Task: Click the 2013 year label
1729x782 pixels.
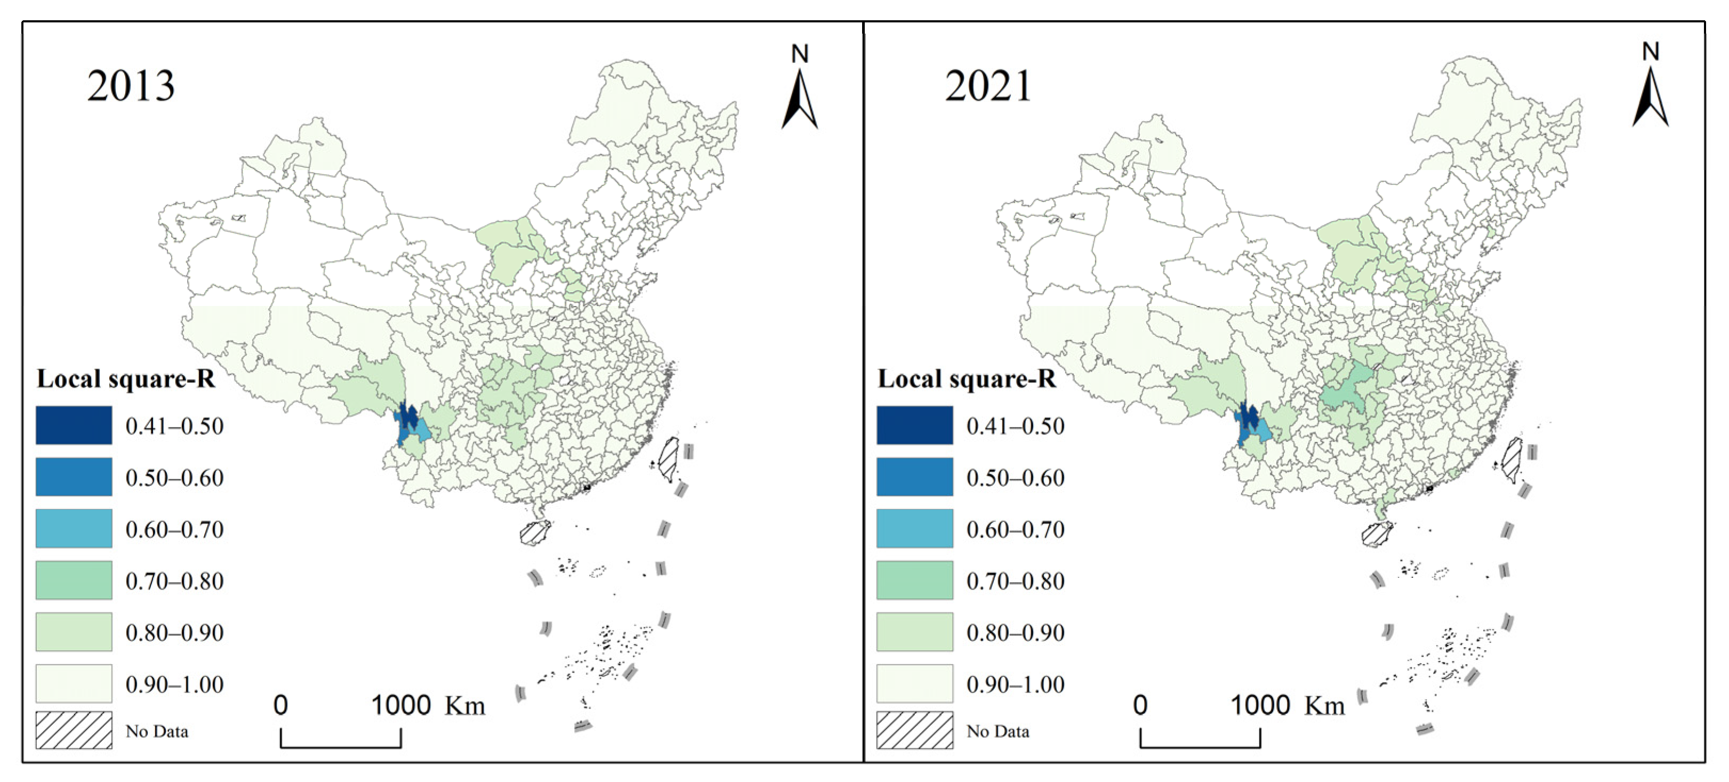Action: [x=131, y=86]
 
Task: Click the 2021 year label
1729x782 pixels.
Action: [x=987, y=86]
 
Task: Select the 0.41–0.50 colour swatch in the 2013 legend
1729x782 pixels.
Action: [x=74, y=425]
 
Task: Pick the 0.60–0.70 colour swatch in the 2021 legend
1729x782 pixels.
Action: [x=914, y=528]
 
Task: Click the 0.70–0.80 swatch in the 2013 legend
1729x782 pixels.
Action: [x=74, y=580]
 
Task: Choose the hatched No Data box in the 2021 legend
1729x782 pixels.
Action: [x=914, y=730]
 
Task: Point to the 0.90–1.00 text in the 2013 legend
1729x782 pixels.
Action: [x=174, y=684]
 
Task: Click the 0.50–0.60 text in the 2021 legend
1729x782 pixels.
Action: [x=1015, y=478]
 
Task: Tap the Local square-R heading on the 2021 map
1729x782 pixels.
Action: [x=967, y=379]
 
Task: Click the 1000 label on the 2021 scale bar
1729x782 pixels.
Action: [x=1260, y=705]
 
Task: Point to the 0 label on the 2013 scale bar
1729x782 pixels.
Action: [x=280, y=705]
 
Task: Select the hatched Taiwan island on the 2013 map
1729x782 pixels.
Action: [x=669, y=458]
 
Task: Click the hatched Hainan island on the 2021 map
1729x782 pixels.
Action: [x=1377, y=534]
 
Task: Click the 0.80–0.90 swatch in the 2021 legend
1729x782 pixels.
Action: [x=914, y=632]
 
